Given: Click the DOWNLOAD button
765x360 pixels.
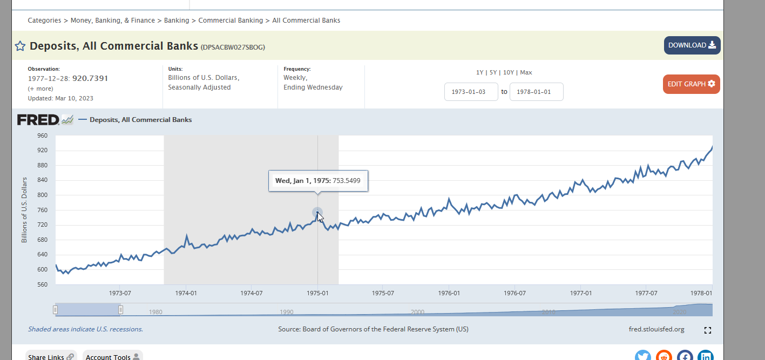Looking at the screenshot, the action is (x=692, y=45).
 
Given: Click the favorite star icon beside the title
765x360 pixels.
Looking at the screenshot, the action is (x=20, y=46).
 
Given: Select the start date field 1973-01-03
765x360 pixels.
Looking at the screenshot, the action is (x=471, y=92).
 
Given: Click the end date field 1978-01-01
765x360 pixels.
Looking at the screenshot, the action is (x=536, y=92).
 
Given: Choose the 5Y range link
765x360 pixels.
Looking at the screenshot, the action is (x=493, y=72).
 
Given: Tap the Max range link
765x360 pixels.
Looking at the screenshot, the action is (x=526, y=72).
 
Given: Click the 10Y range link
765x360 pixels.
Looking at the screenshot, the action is (x=509, y=72).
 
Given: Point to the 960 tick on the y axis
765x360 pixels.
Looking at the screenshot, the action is (x=42, y=135).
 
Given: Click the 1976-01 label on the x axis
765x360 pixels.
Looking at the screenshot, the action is (x=449, y=293).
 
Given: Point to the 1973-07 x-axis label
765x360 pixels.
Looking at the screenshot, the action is (x=120, y=293).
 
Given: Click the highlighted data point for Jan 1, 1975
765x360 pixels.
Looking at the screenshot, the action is (x=317, y=213).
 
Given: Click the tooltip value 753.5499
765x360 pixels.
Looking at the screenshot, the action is (x=346, y=181).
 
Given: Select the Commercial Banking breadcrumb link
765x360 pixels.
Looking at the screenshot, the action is (x=231, y=21).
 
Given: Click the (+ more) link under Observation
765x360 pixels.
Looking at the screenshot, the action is (x=40, y=89).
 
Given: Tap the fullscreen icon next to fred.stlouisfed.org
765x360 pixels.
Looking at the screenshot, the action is (x=708, y=330).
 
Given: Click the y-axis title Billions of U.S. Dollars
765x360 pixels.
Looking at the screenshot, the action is (x=24, y=210).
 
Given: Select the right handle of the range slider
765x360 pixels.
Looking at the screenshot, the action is (x=120, y=310).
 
